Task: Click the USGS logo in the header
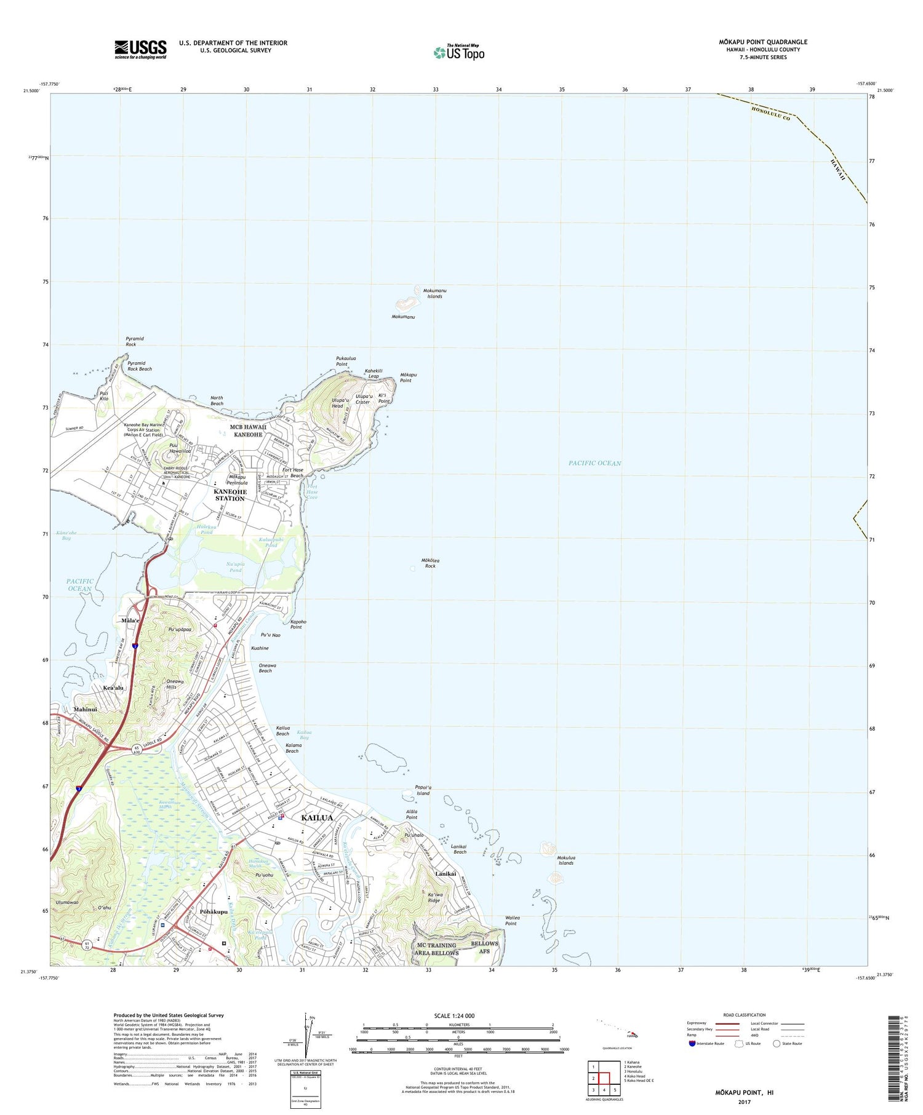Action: (140, 49)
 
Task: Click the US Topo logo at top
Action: (459, 52)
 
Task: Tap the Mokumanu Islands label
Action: (434, 293)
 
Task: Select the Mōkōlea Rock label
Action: (430, 563)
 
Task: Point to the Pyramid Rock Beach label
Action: (139, 366)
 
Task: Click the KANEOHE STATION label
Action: (230, 495)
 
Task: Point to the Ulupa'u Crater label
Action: (362, 399)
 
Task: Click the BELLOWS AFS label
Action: (484, 947)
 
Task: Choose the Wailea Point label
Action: (512, 920)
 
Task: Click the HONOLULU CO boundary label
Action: (770, 113)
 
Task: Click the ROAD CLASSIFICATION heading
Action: (745, 1015)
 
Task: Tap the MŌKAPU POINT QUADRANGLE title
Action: (763, 42)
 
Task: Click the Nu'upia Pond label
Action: (235, 567)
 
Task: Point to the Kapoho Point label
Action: (298, 624)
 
